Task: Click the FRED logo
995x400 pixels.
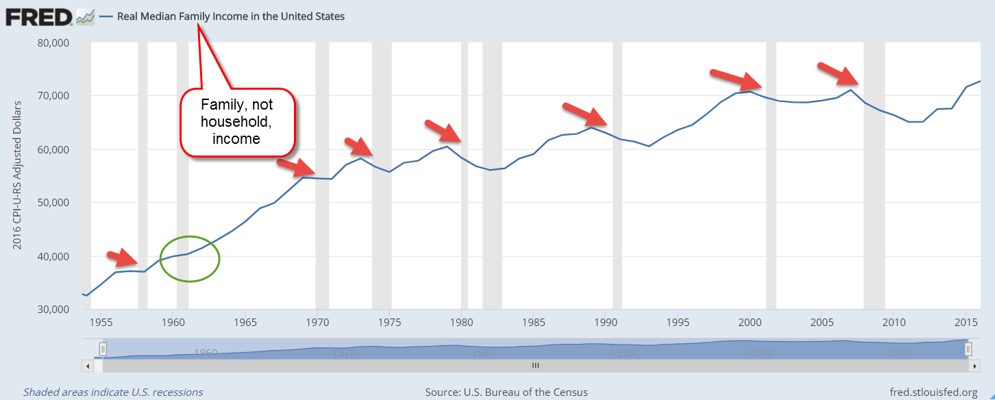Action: (x=40, y=16)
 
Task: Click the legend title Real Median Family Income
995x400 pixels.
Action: (x=231, y=16)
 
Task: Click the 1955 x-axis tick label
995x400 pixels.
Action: (x=101, y=322)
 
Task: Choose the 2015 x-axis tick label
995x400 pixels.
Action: (x=966, y=322)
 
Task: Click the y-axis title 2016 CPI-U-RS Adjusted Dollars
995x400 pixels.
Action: (x=17, y=175)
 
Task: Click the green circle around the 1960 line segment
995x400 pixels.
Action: (x=190, y=258)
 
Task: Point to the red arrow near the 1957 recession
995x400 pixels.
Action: (x=124, y=258)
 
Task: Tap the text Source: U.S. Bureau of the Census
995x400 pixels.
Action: (x=506, y=392)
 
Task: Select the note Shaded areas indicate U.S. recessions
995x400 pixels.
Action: (x=113, y=392)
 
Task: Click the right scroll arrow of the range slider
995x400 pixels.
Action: (x=974, y=366)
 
